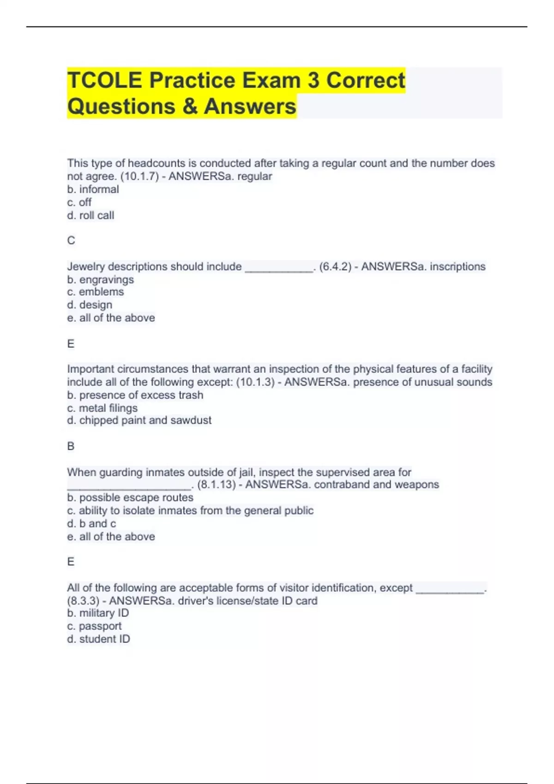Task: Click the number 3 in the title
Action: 313,80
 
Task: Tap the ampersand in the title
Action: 189,106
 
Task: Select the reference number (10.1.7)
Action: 139,176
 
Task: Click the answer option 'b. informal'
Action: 93,189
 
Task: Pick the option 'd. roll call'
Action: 90,215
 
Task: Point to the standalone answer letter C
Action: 71,240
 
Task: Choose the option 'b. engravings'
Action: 100,279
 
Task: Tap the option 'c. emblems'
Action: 96,292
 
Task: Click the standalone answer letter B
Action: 71,446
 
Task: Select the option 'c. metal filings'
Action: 102,408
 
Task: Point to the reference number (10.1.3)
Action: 255,382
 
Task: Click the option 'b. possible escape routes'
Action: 130,498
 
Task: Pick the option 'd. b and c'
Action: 91,523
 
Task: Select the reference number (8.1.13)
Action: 217,485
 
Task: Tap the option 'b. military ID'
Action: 98,613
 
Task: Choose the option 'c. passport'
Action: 94,626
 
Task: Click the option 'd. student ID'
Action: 98,639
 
